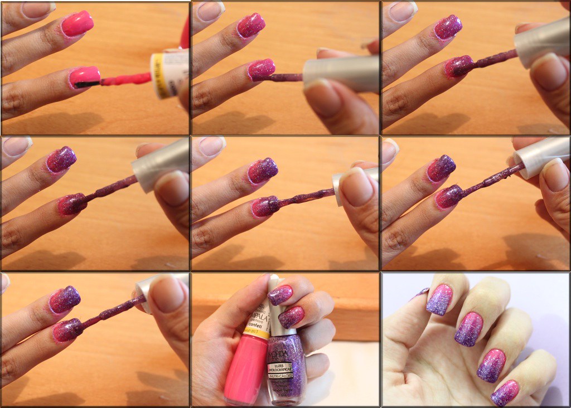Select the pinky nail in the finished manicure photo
coord(505,393)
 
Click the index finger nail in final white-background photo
coord(439,299)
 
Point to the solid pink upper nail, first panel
coord(78,24)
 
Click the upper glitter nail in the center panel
coord(263,170)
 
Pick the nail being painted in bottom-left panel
coord(68,329)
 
